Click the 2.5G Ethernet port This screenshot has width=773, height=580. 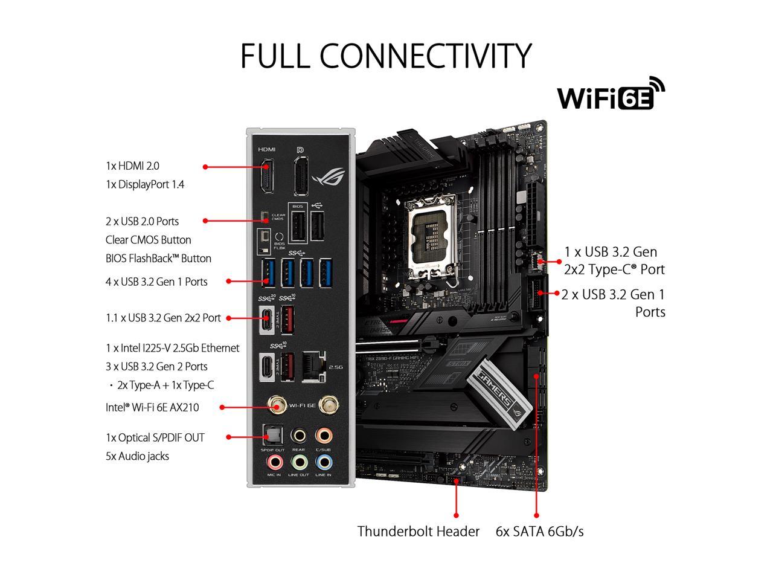(313, 367)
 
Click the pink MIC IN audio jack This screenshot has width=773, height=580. (275, 462)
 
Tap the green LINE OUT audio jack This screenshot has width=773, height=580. (299, 462)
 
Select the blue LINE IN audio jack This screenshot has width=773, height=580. (324, 462)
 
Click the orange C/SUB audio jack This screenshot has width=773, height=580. (324, 436)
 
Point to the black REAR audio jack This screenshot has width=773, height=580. (298, 436)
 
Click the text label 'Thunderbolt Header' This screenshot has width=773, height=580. (418, 532)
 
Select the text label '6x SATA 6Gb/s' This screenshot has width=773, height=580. (539, 532)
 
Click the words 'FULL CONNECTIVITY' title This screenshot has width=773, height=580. (386, 56)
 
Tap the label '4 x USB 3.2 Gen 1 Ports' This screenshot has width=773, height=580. (156, 282)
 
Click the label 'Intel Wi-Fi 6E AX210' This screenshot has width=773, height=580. (152, 407)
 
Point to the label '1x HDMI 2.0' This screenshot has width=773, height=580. (132, 166)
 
